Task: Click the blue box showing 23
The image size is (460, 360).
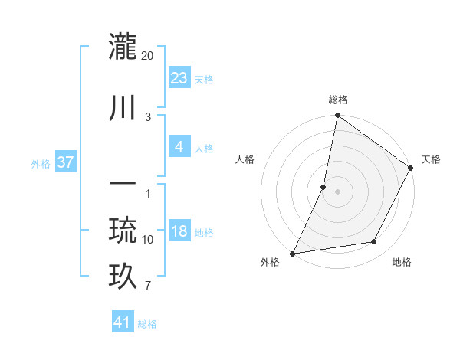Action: [x=179, y=77]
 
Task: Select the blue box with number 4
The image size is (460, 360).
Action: [x=179, y=147]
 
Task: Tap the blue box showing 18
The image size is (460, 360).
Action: [x=179, y=231]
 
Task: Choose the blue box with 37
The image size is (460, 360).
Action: [x=65, y=162]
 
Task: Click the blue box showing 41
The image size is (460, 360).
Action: [x=123, y=322]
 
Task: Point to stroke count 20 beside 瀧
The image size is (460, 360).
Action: [x=148, y=56]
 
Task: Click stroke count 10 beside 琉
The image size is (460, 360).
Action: [x=148, y=240]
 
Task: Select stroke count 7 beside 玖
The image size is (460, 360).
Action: [x=147, y=286]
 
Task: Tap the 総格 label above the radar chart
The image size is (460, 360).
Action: [x=338, y=100]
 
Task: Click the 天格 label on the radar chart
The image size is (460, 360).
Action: [x=431, y=159]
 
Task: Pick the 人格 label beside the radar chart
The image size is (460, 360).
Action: [x=245, y=159]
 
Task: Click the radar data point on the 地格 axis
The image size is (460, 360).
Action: [x=374, y=242]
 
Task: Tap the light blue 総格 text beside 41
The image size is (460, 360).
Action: [x=148, y=324]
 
